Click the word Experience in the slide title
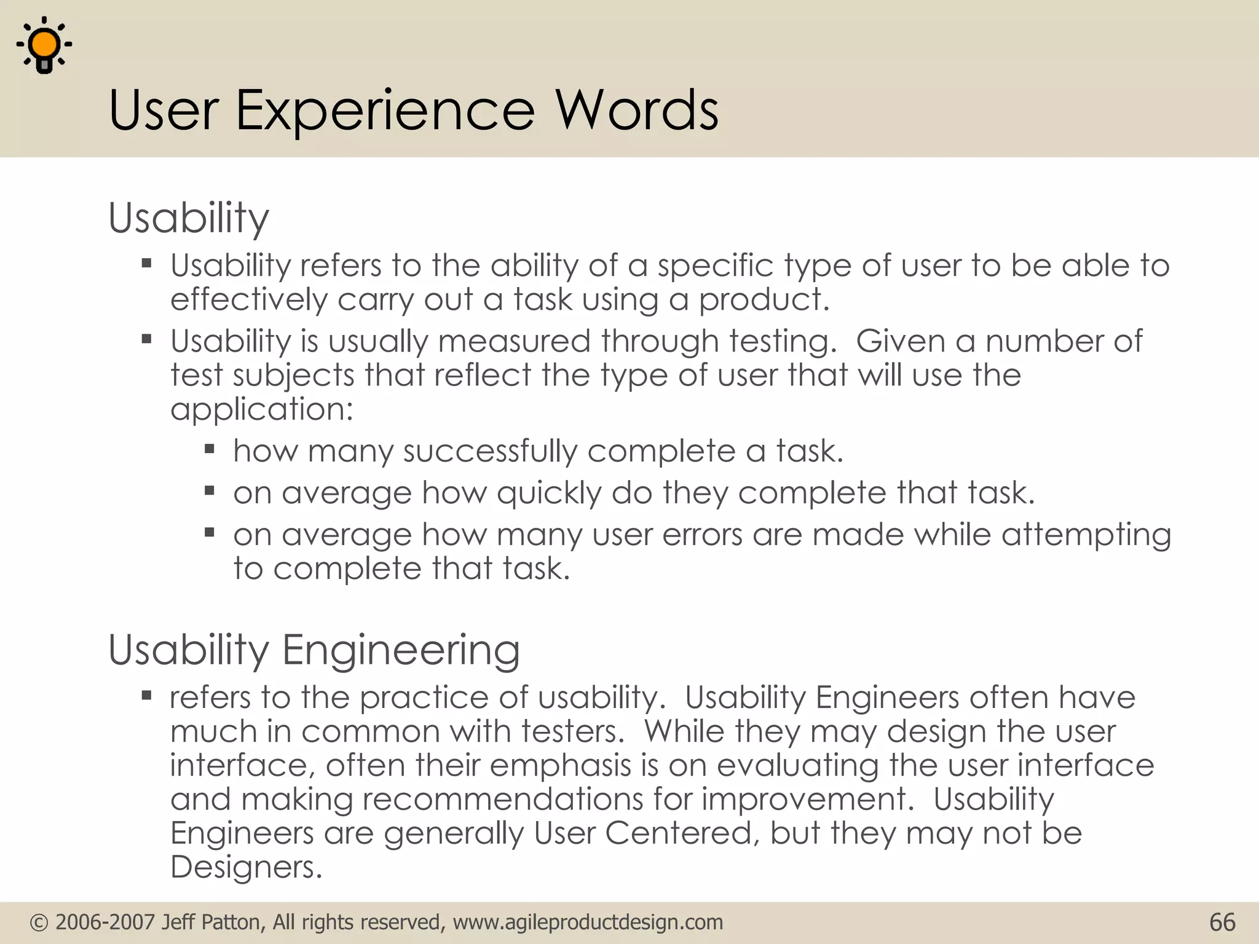pyautogui.click(x=385, y=110)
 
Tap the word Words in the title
pyautogui.click(x=637, y=110)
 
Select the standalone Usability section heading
pyautogui.click(x=189, y=218)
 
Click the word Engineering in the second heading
pyautogui.click(x=401, y=650)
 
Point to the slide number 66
pyautogui.click(x=1222, y=922)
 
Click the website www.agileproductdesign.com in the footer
pyautogui.click(x=588, y=922)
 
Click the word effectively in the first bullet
pyautogui.click(x=249, y=300)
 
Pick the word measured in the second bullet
pyautogui.click(x=514, y=341)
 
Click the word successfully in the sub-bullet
pyautogui.click(x=490, y=452)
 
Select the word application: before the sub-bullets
pyautogui.click(x=262, y=410)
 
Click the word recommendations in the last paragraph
pyautogui.click(x=502, y=800)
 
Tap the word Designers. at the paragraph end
pyautogui.click(x=246, y=868)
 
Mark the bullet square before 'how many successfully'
pyautogui.click(x=210, y=449)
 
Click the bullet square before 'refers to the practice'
pyautogui.click(x=146, y=696)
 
